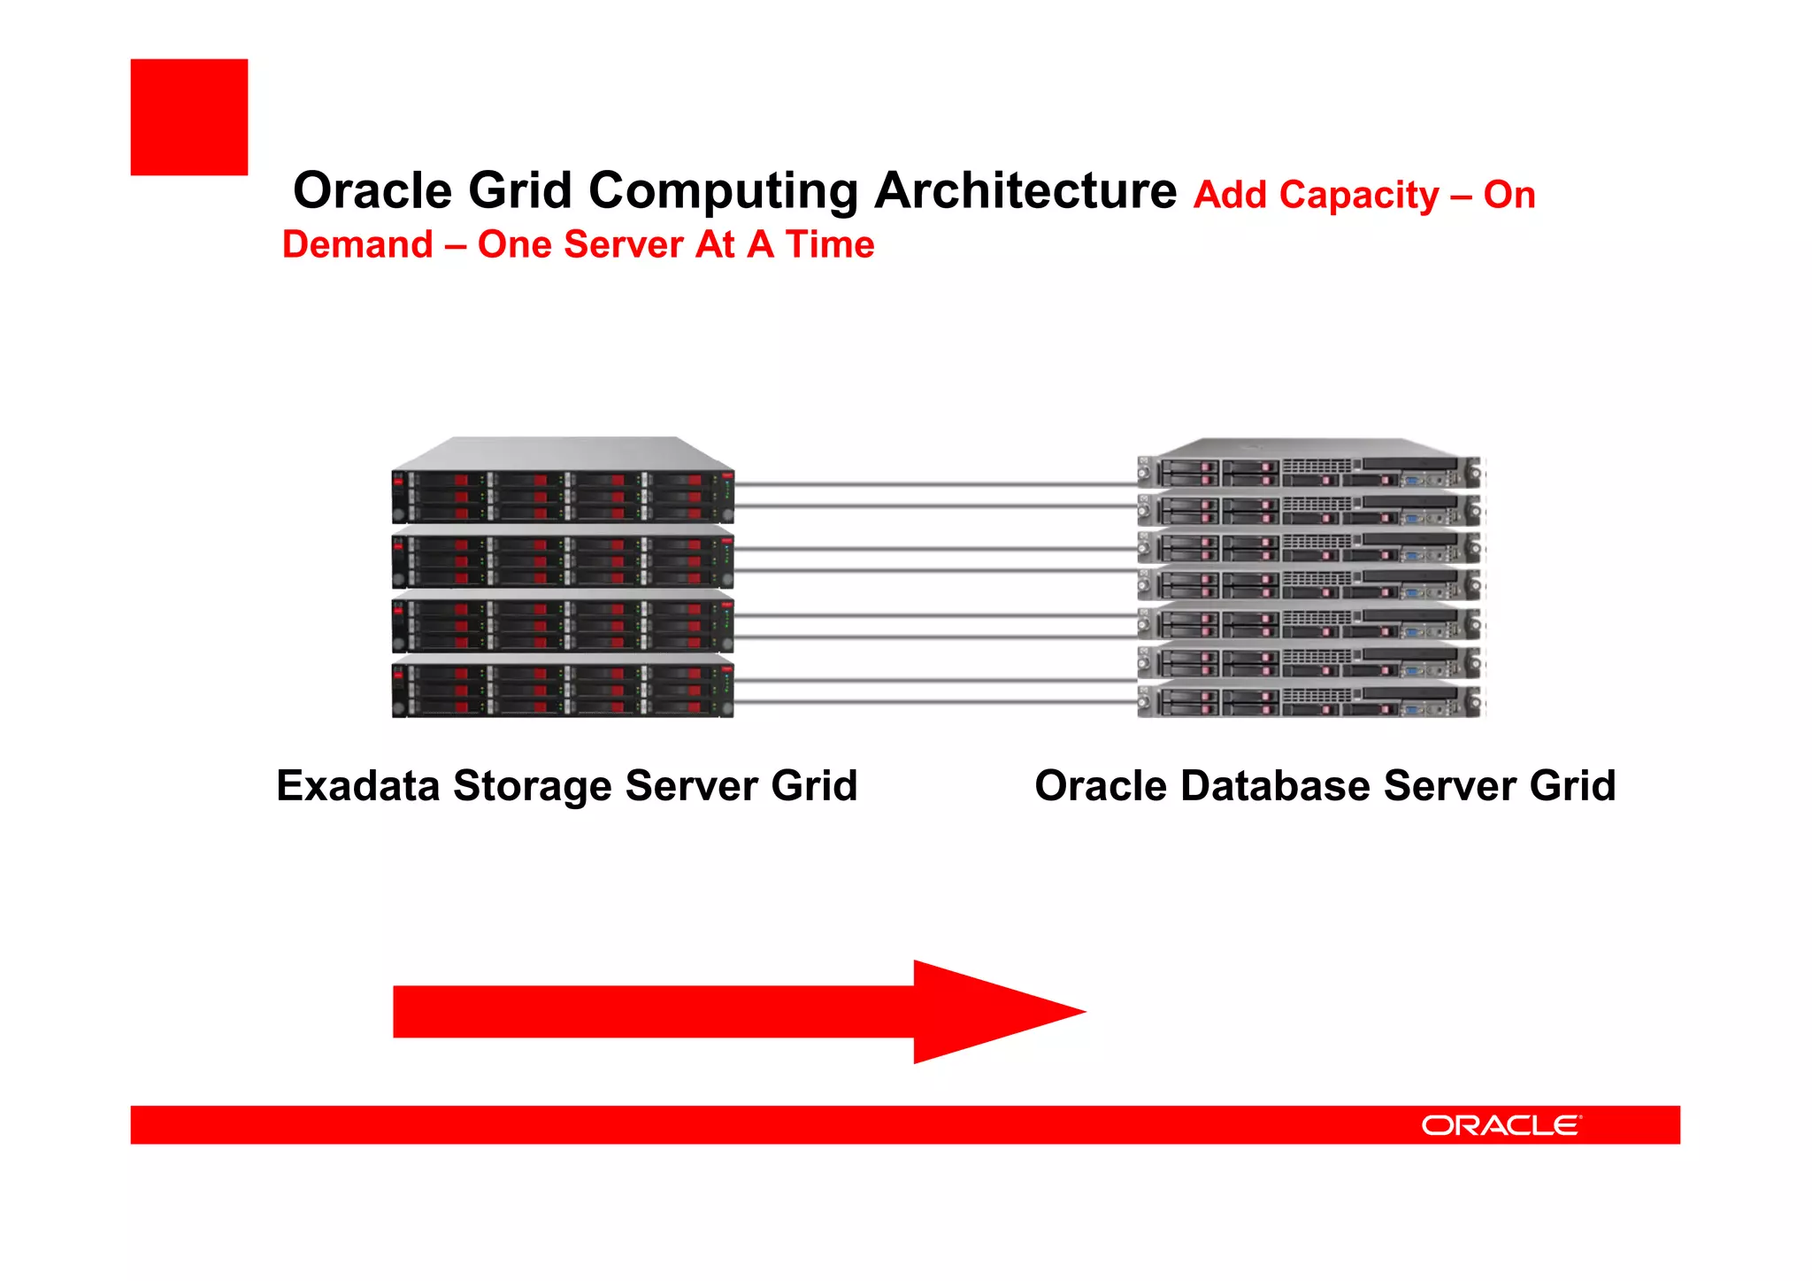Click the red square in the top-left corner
click(188, 117)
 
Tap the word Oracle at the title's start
click(372, 190)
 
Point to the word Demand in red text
click(357, 244)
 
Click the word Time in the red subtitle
click(830, 244)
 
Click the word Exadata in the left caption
click(357, 785)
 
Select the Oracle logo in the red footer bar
click(1501, 1125)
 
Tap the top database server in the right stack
click(1309, 473)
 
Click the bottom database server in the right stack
click(1309, 702)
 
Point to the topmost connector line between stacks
click(935, 484)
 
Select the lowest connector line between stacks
click(935, 702)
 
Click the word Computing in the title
click(723, 190)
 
